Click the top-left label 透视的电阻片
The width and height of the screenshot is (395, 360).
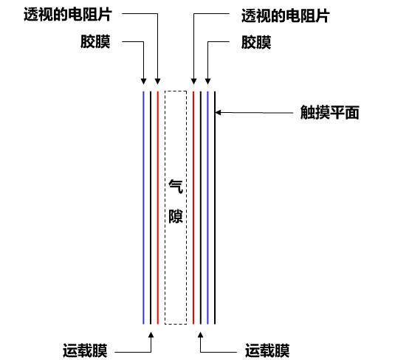[x=68, y=14]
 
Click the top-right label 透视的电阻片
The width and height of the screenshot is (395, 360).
[x=286, y=15]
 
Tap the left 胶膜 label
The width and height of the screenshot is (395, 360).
[x=95, y=41]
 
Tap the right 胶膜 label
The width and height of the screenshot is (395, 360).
[x=256, y=42]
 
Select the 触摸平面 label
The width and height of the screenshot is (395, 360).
[x=330, y=112]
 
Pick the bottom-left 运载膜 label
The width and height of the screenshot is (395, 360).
[x=85, y=350]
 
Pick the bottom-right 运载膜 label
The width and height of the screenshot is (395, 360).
[x=267, y=350]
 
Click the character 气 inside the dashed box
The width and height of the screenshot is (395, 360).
[x=176, y=187]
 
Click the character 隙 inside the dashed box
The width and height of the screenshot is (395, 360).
[x=176, y=215]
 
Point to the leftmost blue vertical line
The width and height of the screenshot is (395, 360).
[x=143, y=208]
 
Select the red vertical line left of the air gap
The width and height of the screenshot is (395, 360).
[x=158, y=208]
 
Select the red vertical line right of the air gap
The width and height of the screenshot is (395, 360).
[x=193, y=208]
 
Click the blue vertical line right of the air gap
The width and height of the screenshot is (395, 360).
[x=207, y=208]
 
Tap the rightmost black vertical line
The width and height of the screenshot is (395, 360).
[x=215, y=208]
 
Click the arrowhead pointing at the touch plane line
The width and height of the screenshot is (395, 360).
[x=218, y=113]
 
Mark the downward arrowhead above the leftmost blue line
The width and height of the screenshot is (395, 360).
[x=143, y=81]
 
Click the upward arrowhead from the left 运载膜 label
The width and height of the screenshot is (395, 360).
[x=151, y=335]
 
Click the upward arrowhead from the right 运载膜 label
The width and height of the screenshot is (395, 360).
[x=201, y=335]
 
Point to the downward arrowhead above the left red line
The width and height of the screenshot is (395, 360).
[x=158, y=81]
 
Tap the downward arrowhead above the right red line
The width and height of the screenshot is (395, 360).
[x=193, y=81]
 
